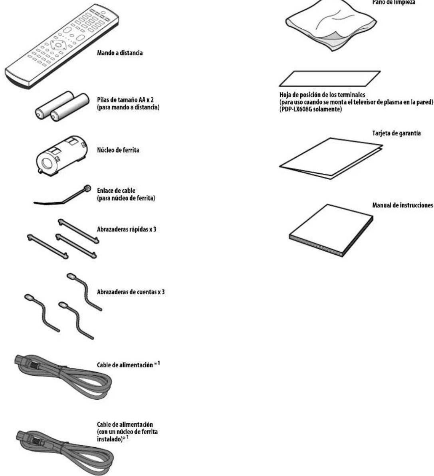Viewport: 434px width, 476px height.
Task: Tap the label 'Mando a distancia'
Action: pos(120,53)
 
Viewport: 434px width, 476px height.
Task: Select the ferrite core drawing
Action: pos(61,155)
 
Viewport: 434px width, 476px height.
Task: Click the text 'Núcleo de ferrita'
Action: pos(118,150)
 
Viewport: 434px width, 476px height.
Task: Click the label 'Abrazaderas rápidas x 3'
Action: pos(127,229)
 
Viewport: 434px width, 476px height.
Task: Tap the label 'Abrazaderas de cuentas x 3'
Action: pos(131,292)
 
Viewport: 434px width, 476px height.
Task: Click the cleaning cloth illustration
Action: pos(331,26)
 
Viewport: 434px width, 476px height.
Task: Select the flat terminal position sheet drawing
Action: pos(330,79)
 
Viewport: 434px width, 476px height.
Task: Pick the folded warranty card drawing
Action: pos(331,158)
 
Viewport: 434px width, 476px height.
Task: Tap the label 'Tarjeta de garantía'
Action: pos(396,133)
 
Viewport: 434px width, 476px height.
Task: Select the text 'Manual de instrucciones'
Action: pos(402,205)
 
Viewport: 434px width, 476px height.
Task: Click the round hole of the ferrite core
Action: pos(47,164)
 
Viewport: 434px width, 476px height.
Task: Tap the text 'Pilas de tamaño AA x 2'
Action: pos(125,100)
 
